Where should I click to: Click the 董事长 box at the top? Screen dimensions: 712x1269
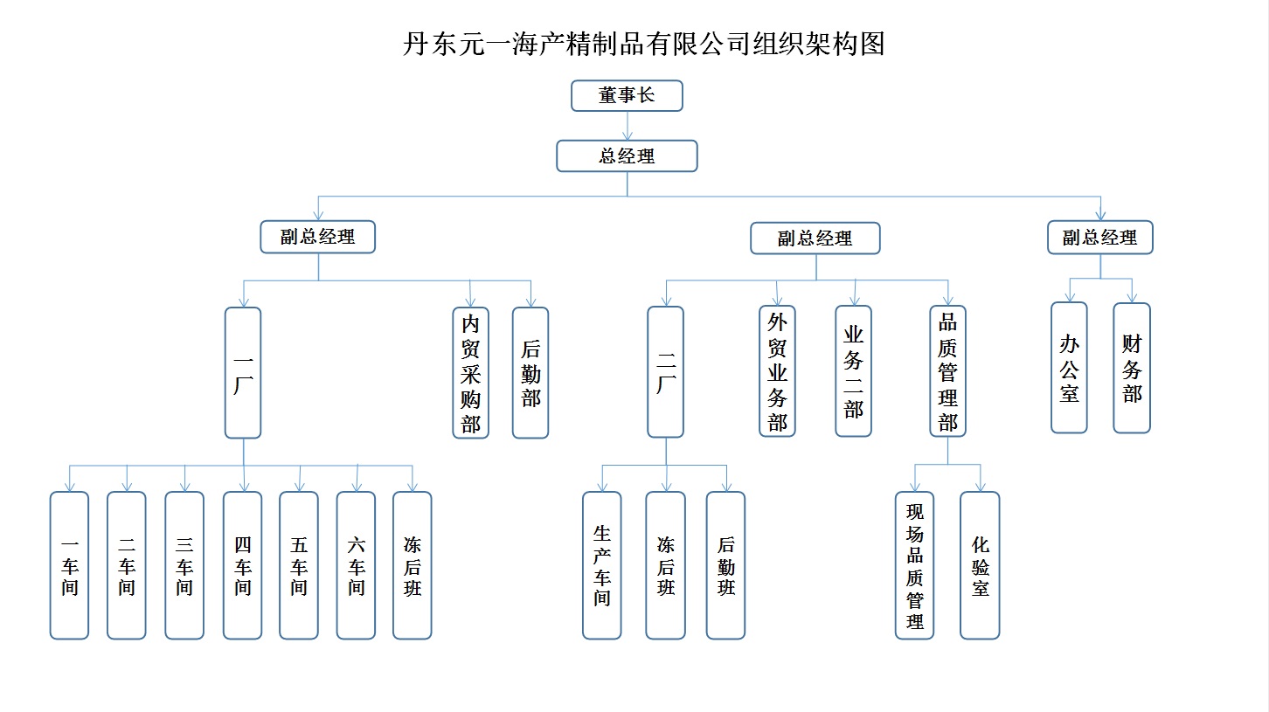tap(627, 96)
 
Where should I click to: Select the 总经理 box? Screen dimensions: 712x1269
tap(627, 156)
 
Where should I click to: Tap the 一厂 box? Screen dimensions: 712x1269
tap(243, 372)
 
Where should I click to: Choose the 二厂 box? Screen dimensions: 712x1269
tap(666, 372)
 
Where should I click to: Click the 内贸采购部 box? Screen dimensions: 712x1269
tap(470, 373)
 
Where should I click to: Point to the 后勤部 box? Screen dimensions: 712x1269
tap(530, 373)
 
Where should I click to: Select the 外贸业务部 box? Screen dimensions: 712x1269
tap(777, 371)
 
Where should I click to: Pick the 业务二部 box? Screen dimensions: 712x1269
tap(853, 371)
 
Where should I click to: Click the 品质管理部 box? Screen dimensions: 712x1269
tap(948, 371)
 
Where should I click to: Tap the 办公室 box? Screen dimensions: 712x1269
tap(1069, 368)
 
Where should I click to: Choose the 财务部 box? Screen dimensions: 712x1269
tap(1132, 368)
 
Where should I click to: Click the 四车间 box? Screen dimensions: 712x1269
tap(242, 565)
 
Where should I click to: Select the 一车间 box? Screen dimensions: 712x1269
tap(69, 565)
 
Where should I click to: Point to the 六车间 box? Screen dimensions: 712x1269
tap(356, 565)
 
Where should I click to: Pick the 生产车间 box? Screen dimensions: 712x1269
tap(602, 565)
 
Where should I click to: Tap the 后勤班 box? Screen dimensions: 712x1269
tap(725, 565)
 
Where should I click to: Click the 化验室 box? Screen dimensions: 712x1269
tap(980, 565)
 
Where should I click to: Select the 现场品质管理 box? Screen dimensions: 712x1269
tap(915, 565)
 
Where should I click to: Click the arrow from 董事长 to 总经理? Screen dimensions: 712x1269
tap(627, 126)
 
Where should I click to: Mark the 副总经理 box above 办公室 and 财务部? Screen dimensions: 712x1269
tap(1099, 238)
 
